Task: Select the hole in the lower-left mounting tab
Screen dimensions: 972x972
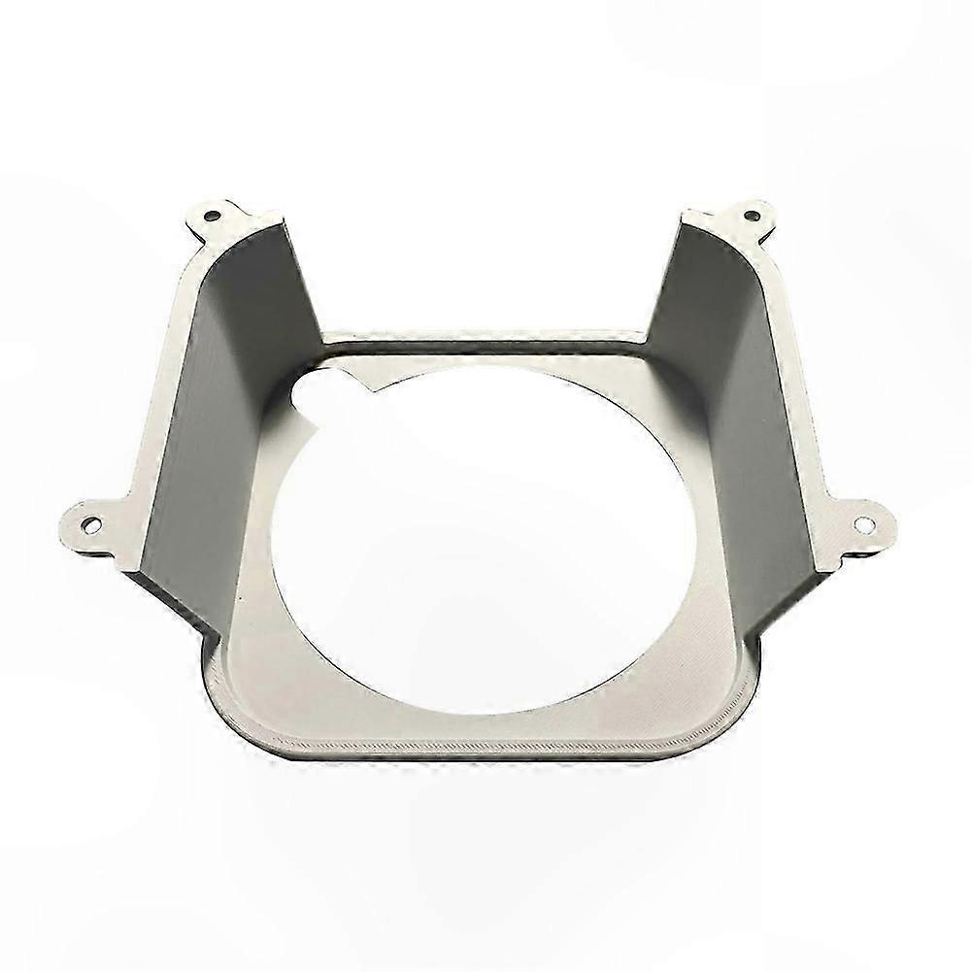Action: pos(90,525)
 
